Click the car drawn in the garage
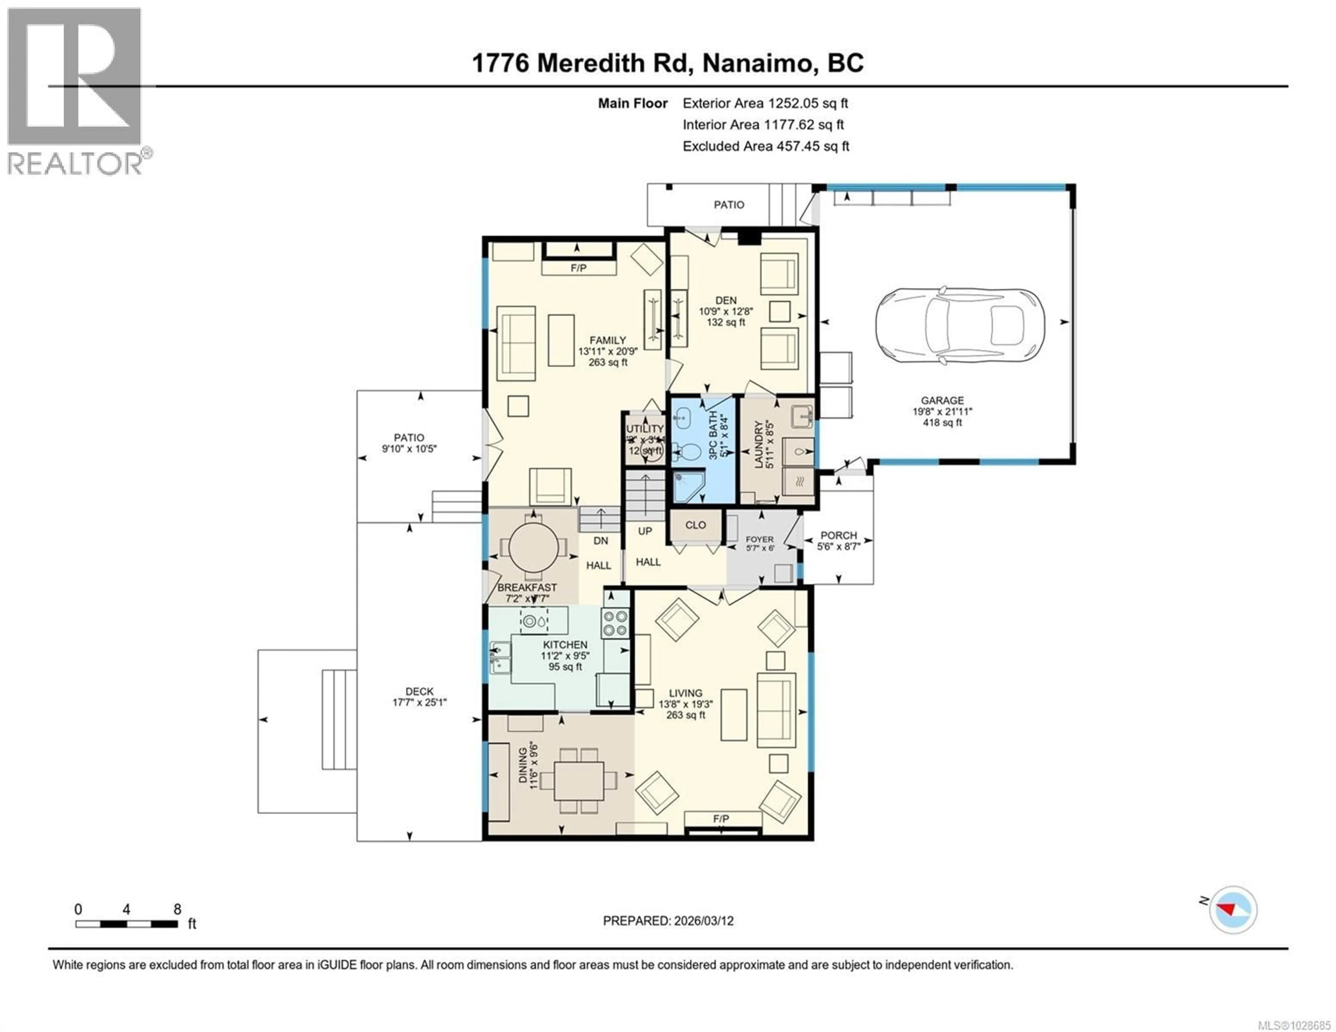[x=959, y=326]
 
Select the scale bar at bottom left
[x=127, y=924]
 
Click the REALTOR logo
[x=75, y=92]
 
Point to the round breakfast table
[x=533, y=546]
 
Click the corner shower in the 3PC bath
[x=688, y=486]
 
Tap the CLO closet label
[x=695, y=525]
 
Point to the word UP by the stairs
[x=645, y=531]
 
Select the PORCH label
[x=839, y=535]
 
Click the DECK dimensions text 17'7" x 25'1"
[x=420, y=702]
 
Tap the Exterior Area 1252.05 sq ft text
[x=765, y=103]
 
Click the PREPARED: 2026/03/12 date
[x=668, y=921]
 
